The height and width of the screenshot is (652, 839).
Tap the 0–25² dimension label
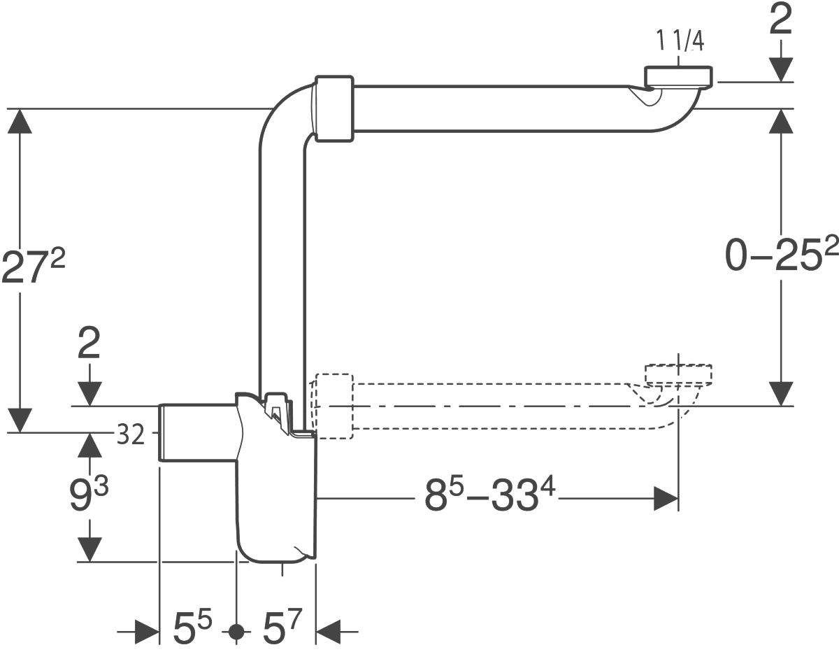[782, 255]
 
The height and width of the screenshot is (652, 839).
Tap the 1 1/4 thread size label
[680, 40]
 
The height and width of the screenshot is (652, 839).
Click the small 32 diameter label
[131, 434]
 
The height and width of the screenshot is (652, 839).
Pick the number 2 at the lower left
[89, 343]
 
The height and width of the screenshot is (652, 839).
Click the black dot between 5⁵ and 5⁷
[236, 632]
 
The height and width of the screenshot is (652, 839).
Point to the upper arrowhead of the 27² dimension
[20, 121]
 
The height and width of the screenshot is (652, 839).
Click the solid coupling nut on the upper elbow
[334, 109]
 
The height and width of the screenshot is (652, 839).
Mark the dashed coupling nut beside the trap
[334, 406]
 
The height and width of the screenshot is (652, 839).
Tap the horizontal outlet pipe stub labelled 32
[198, 432]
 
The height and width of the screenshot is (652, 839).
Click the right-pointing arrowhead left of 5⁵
[147, 632]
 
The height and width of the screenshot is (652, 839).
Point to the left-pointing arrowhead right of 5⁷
[328, 632]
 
